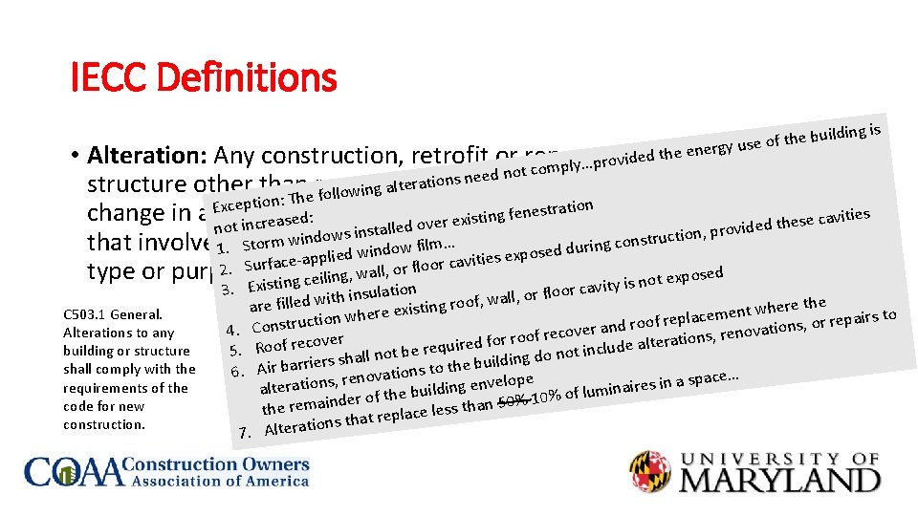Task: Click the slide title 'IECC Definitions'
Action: coord(204,76)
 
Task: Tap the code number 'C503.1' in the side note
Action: coord(88,313)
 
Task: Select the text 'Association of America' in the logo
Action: coord(219,482)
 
